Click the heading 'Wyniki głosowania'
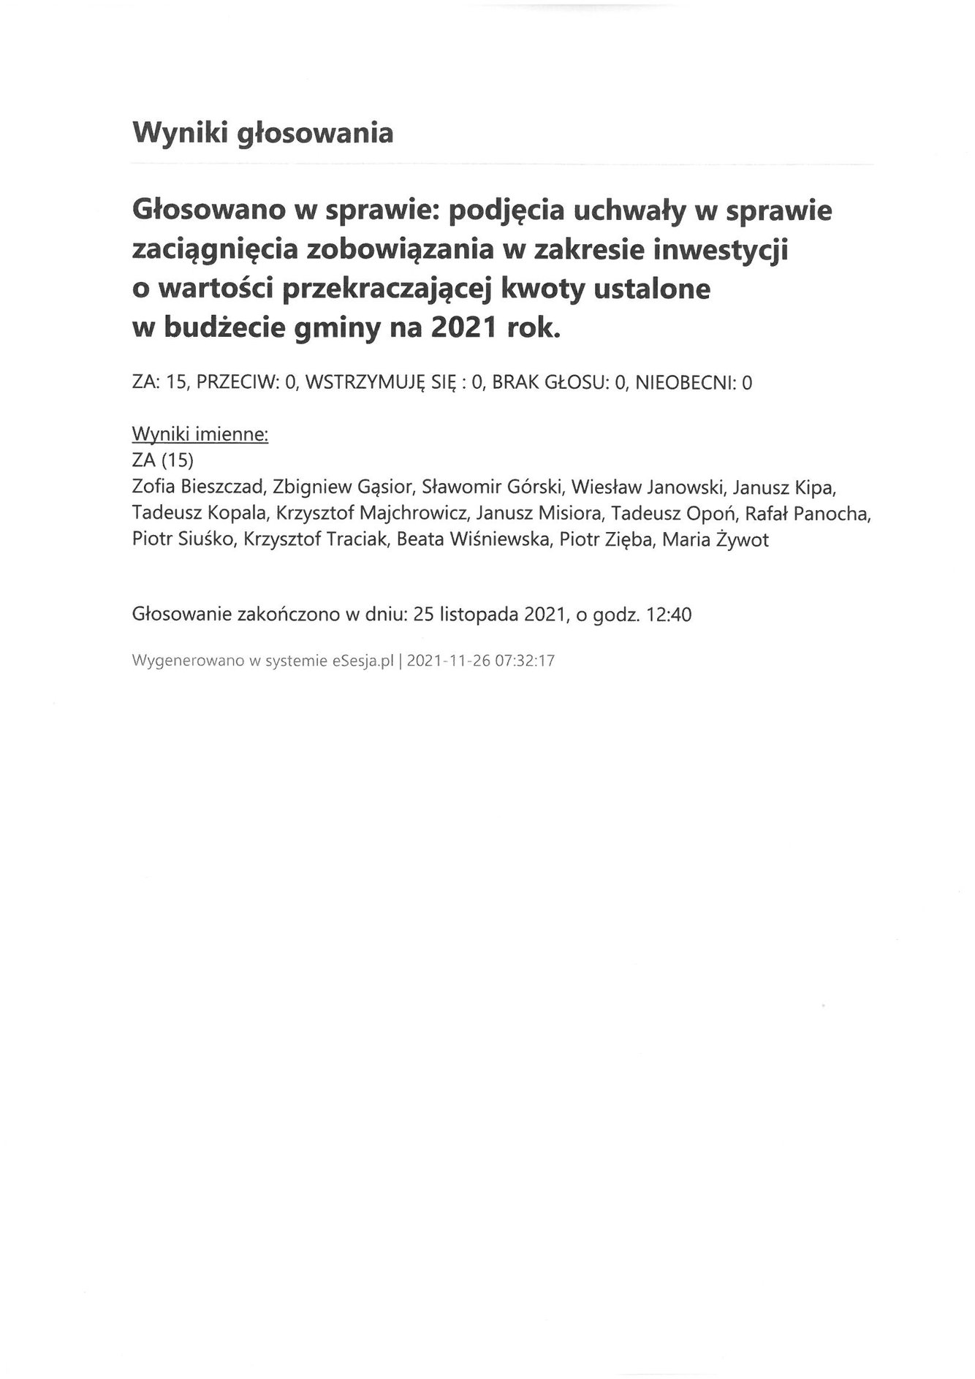coord(262,134)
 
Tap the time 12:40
coord(668,615)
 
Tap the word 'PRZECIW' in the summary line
coord(236,382)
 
